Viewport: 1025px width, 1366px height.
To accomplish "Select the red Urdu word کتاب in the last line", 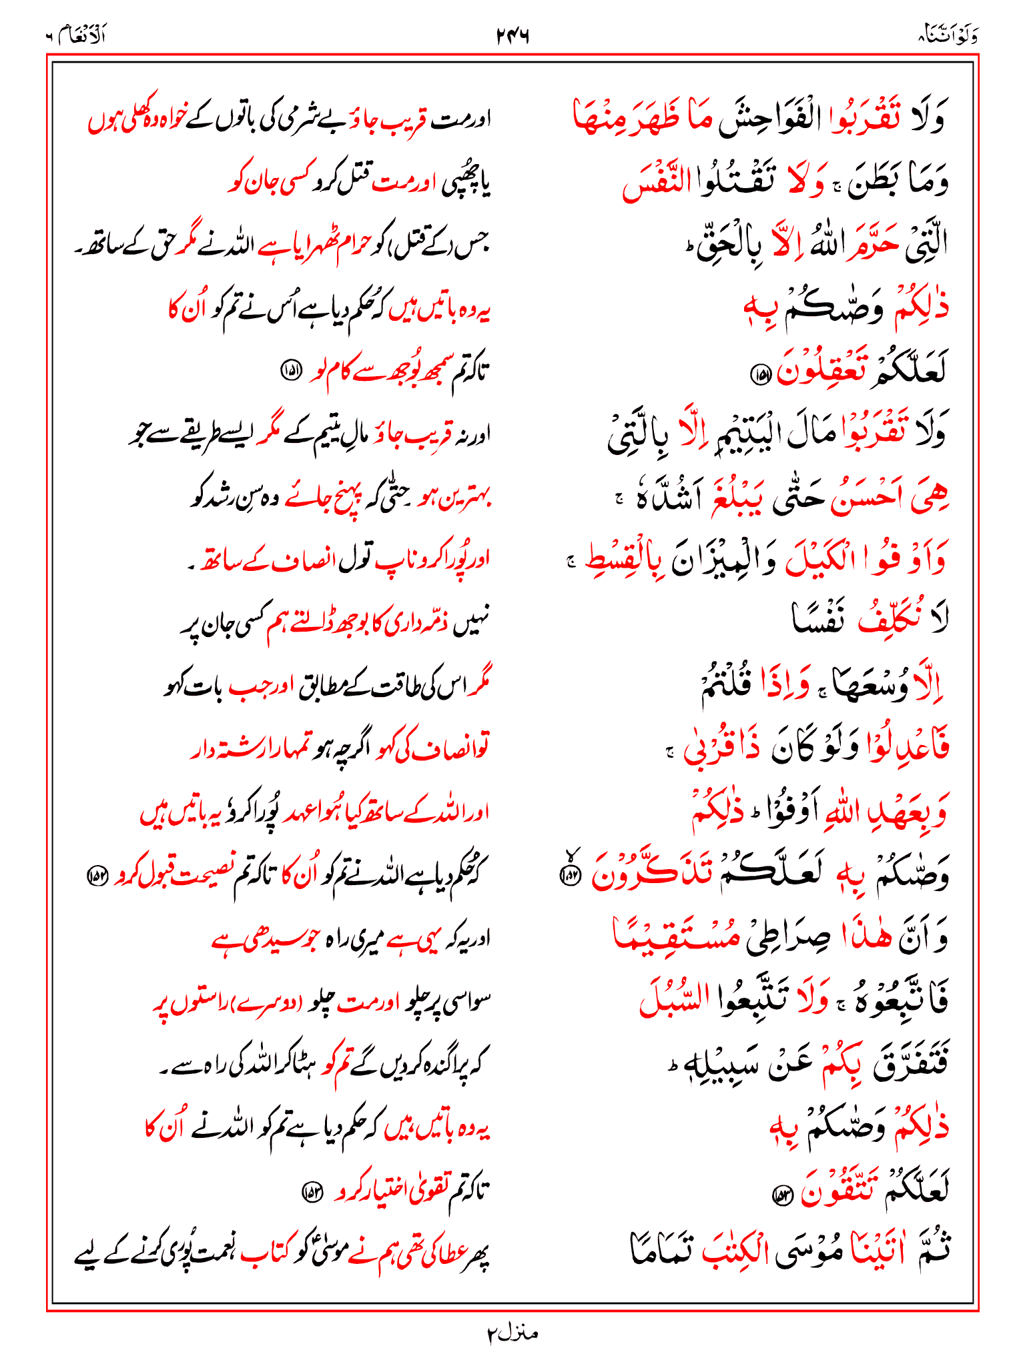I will pos(264,1253).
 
